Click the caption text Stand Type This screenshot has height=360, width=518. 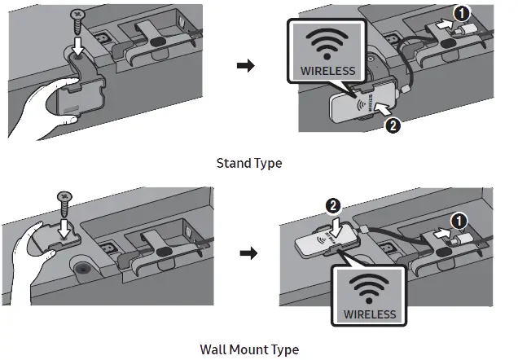click(248, 163)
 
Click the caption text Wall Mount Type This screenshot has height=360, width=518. click(249, 349)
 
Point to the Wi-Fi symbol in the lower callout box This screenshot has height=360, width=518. click(369, 286)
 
